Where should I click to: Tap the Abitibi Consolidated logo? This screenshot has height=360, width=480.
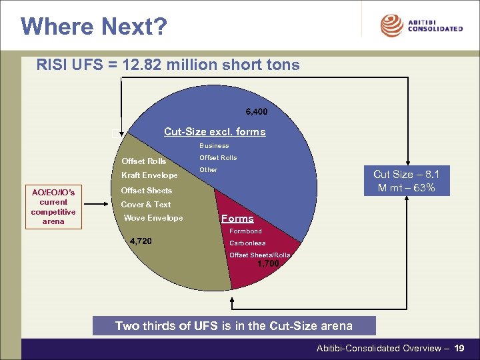[421, 25]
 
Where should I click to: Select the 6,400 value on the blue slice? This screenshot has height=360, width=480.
[256, 111]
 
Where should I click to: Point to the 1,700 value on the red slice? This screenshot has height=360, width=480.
[268, 263]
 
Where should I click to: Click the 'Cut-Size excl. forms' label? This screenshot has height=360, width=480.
[215, 131]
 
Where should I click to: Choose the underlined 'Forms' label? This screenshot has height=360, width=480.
[237, 219]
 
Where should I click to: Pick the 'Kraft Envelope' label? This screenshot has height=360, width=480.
[149, 175]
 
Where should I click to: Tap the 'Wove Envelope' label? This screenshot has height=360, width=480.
[153, 218]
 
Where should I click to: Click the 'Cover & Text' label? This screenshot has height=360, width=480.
[145, 205]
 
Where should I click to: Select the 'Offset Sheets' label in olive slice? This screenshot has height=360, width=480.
[146, 191]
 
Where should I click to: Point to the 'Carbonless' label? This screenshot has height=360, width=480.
[247, 243]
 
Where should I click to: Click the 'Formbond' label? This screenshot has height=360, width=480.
[245, 231]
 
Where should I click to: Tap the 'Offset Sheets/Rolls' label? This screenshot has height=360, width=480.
[259, 255]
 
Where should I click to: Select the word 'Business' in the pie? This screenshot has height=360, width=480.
[214, 145]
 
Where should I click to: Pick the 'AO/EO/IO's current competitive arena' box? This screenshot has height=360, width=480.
[53, 207]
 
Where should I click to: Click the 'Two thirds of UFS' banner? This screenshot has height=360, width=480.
[234, 326]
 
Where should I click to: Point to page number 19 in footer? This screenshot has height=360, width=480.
[459, 348]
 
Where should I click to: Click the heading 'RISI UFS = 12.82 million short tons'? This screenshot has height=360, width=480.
[169, 65]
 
